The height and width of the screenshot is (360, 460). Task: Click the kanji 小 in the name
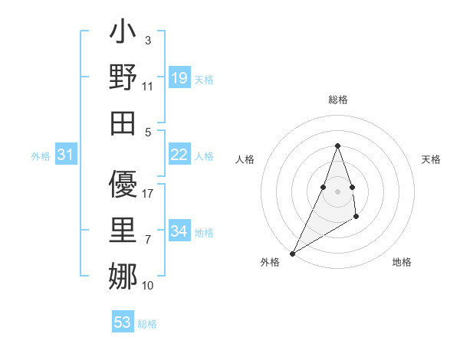tap(123, 34)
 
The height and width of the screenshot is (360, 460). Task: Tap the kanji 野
tap(123, 78)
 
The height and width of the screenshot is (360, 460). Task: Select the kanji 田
tap(123, 123)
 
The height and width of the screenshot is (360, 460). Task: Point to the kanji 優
tap(123, 185)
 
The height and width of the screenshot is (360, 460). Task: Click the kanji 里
tap(123, 231)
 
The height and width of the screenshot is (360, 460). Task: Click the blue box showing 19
tap(179, 78)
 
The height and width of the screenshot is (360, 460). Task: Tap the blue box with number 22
tap(179, 155)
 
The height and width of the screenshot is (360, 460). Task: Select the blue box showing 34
tap(179, 231)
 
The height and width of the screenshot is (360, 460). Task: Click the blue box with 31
tap(65, 155)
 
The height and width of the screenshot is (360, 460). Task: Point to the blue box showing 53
tap(123, 322)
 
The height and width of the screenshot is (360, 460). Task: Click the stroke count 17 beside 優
tap(149, 194)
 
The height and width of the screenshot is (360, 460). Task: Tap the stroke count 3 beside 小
tap(147, 40)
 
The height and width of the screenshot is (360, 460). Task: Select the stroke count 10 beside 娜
tap(149, 286)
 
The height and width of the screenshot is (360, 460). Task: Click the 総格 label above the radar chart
tap(337, 100)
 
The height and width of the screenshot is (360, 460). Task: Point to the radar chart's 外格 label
tap(270, 262)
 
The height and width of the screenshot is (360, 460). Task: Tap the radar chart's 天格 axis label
tap(431, 159)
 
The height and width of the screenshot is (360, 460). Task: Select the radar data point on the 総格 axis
tap(337, 146)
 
